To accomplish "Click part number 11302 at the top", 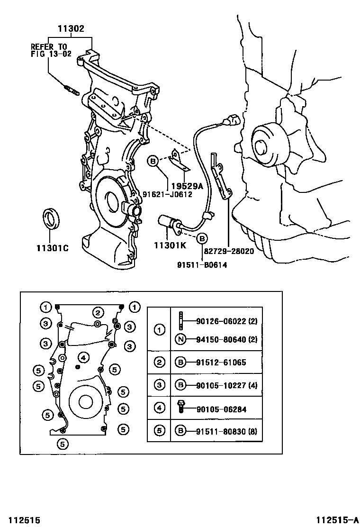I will coord(71,29).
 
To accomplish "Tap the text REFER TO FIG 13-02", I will coord(48,50).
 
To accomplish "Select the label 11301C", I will coord(52,248).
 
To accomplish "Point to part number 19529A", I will coord(188,186).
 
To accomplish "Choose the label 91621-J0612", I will coord(167,194).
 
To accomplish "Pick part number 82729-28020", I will coord(229,251).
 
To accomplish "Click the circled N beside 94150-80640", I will coord(180,339).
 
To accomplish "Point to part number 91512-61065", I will coord(221,363).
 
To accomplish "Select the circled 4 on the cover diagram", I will coord(83,357).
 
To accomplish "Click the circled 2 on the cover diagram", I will coord(98,312).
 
